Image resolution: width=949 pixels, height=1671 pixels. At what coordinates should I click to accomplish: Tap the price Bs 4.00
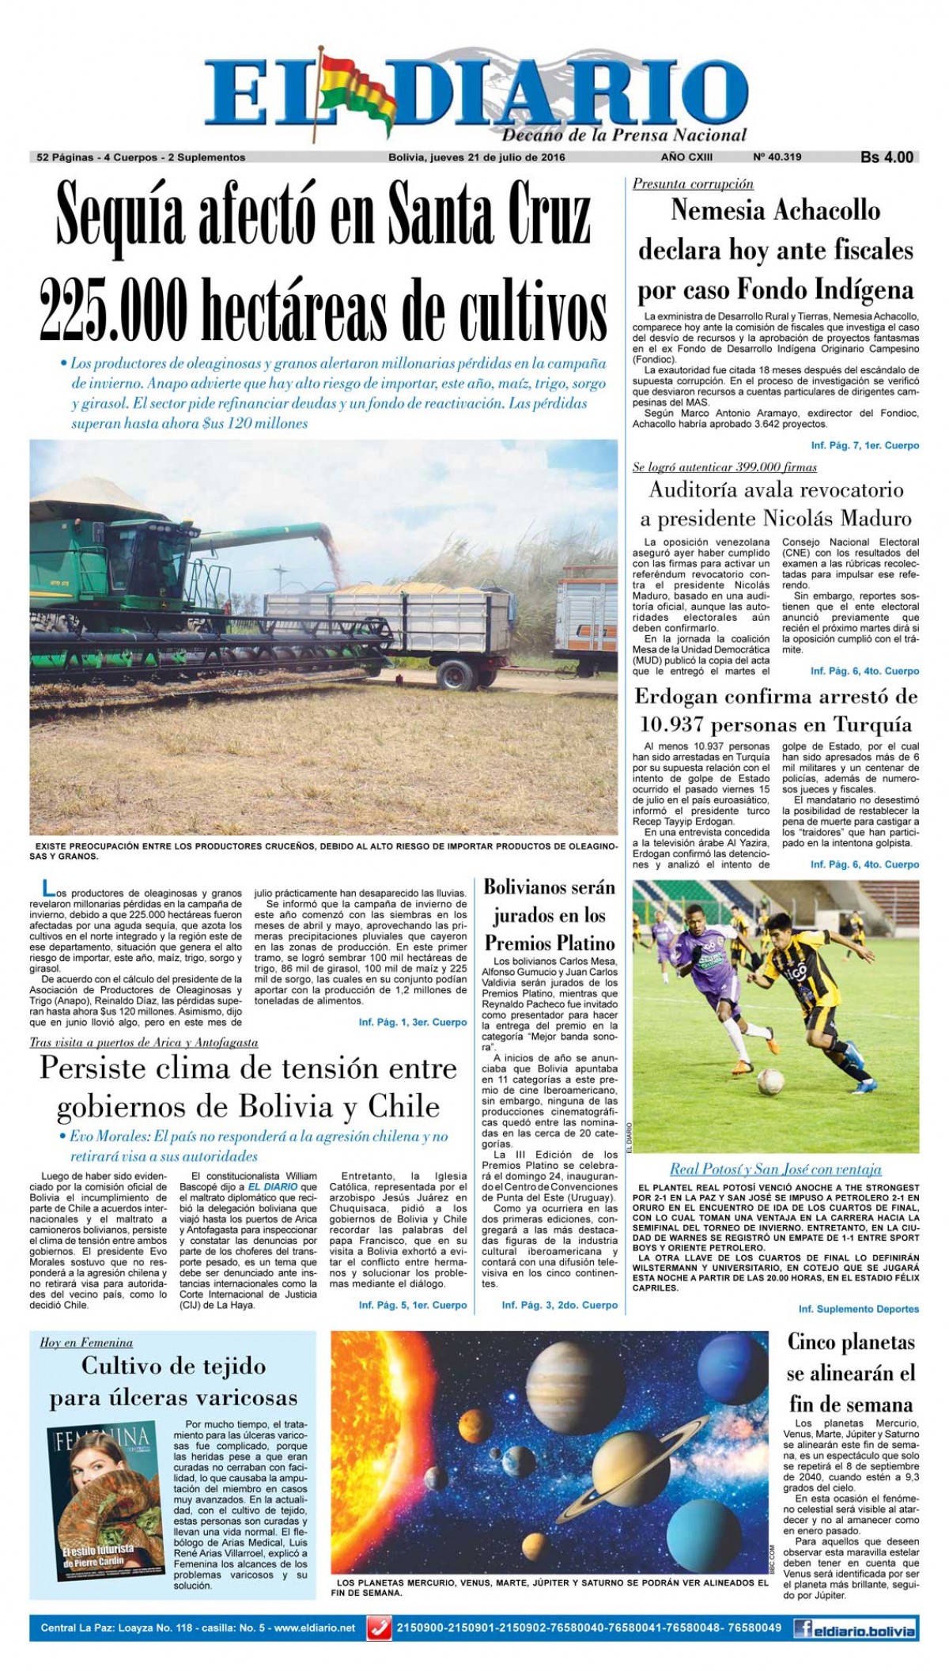pos(887,157)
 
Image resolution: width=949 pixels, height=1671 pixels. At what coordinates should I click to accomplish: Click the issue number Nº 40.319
pos(777,157)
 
